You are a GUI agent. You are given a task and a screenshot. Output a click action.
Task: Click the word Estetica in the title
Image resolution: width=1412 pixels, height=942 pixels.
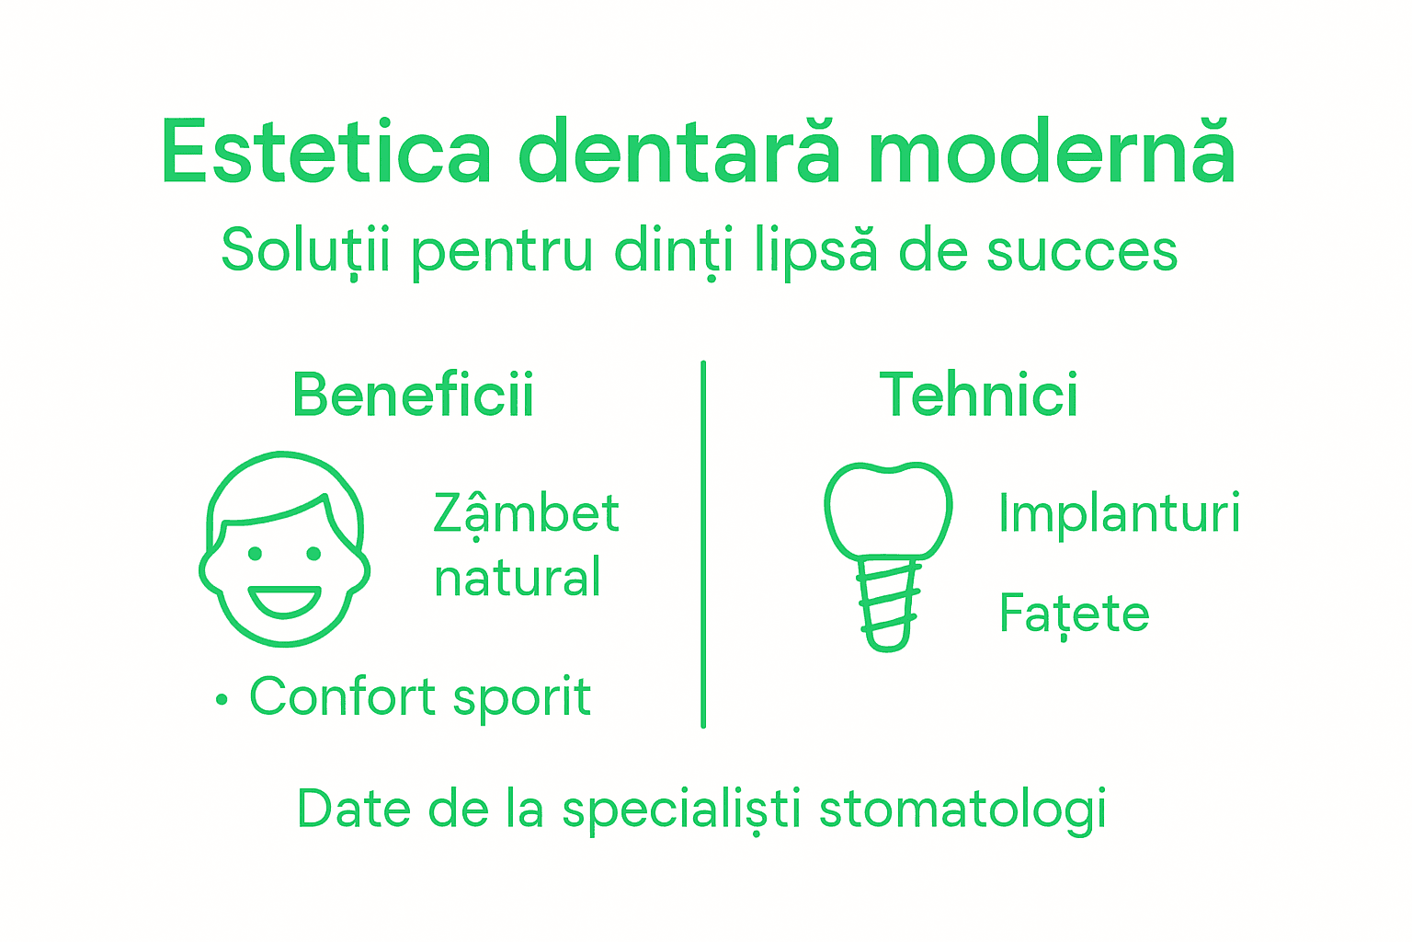(326, 152)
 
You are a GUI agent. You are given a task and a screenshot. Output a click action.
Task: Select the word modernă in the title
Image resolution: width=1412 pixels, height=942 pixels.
(1052, 152)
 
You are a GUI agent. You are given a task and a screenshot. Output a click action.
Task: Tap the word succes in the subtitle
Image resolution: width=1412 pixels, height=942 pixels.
(1082, 250)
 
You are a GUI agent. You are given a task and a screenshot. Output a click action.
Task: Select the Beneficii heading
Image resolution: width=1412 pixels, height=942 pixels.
(413, 395)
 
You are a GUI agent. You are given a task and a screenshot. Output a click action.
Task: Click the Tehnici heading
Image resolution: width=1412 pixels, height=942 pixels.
(979, 395)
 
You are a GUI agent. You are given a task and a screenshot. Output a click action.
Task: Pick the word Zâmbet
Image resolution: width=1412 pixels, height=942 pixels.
(526, 513)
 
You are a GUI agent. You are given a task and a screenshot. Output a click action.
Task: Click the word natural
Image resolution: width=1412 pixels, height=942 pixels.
(518, 578)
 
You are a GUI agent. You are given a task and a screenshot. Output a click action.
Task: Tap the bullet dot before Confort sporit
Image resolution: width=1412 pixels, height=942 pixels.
(221, 700)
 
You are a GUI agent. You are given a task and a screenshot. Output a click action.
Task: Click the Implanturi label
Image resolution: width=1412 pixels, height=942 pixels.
(1119, 513)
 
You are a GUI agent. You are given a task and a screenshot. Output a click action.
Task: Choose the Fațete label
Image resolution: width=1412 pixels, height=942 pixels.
(1074, 614)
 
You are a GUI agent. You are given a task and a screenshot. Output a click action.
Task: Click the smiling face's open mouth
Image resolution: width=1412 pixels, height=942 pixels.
(285, 601)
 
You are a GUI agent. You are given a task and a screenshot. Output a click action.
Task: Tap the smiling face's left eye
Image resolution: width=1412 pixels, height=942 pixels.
(255, 554)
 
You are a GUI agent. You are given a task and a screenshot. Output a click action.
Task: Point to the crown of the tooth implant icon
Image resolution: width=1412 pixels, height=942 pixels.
(888, 511)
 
